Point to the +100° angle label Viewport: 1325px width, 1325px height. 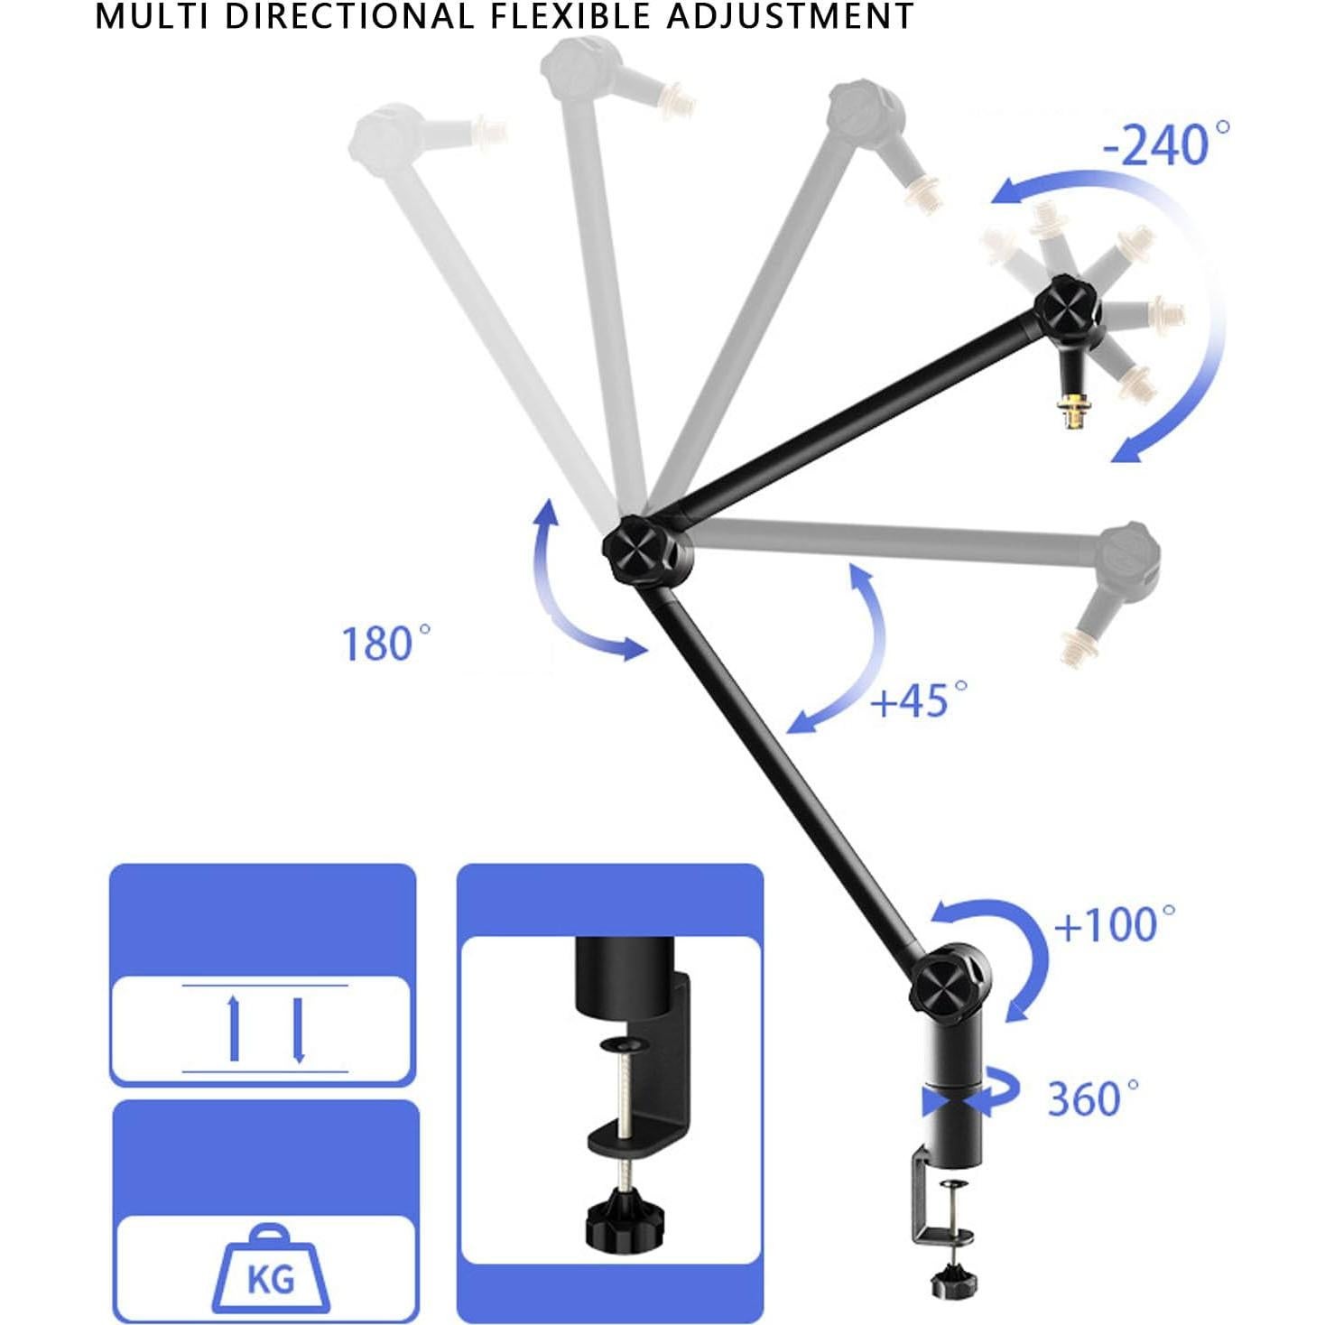click(x=1115, y=924)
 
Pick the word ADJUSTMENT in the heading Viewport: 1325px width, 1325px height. click(x=790, y=16)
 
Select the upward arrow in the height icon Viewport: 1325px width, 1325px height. click(x=235, y=1027)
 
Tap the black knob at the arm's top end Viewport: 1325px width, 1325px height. click(x=1067, y=310)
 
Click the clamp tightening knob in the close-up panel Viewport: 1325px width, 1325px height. click(x=616, y=1216)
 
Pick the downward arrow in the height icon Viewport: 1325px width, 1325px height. click(x=299, y=1029)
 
